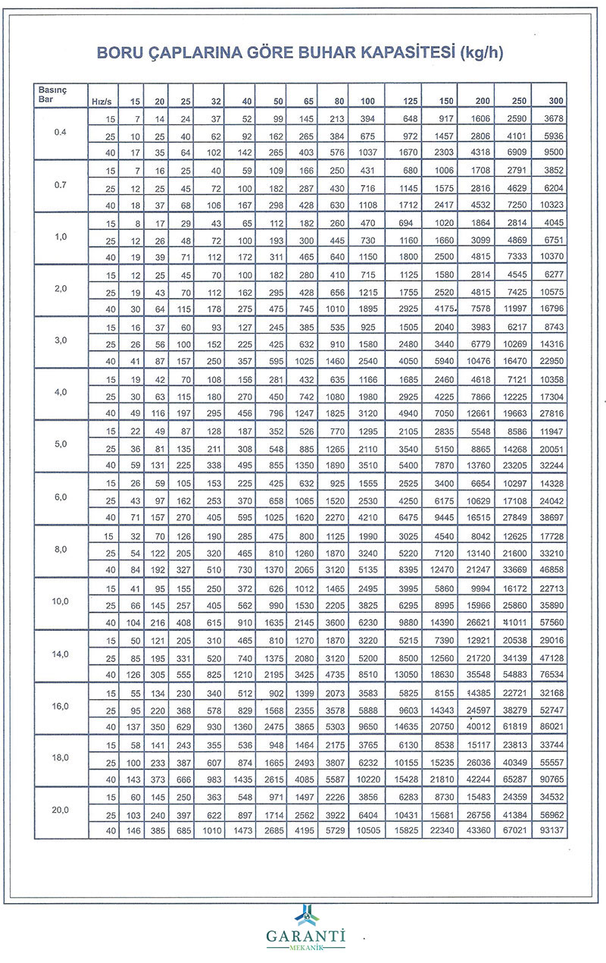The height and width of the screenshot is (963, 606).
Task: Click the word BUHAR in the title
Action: coord(330,53)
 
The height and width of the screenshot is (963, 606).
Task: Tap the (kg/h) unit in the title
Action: coord(482,53)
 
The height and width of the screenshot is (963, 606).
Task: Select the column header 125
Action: coord(411,101)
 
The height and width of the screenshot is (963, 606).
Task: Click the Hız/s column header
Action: coord(102,101)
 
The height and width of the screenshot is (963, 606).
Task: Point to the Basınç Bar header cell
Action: coord(54,95)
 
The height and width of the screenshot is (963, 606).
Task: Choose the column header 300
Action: coord(555,101)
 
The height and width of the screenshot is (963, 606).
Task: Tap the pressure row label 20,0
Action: coord(61,810)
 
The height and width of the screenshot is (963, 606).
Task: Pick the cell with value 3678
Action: coord(553,119)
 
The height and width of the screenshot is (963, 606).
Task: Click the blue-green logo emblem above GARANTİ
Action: coord(305,914)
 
